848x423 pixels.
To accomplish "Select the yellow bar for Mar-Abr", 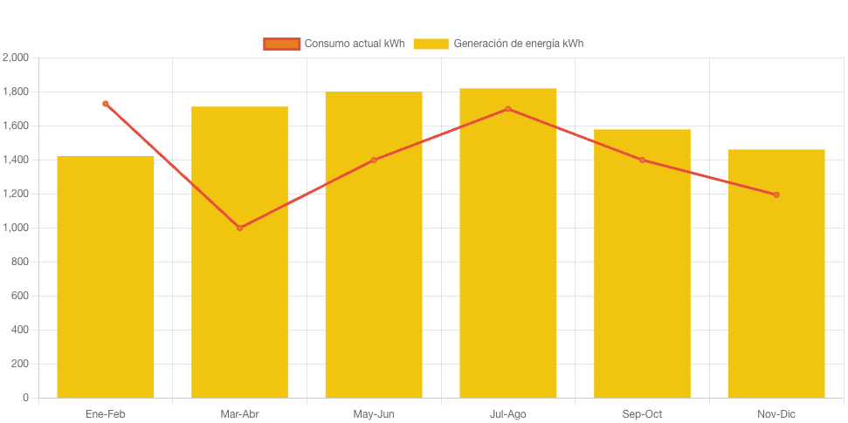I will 239,253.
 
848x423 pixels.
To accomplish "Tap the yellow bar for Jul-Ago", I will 507,243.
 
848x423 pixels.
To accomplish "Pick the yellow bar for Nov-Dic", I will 776,274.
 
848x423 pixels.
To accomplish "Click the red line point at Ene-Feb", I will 106,104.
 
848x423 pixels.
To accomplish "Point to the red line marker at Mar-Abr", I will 239,228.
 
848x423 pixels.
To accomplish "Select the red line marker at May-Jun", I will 374,160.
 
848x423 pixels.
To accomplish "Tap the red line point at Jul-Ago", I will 507,109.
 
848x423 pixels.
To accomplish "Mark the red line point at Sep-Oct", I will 642,160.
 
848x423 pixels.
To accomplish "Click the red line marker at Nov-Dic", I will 776,194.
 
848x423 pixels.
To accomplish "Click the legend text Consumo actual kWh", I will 354,44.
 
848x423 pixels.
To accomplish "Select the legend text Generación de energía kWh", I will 518,44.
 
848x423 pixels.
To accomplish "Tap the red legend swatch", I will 281,44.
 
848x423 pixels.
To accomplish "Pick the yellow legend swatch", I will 431,44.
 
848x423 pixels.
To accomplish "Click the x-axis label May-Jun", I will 374,414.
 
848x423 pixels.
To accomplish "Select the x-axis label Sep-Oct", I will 642,414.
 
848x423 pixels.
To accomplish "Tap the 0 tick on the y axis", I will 25,398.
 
